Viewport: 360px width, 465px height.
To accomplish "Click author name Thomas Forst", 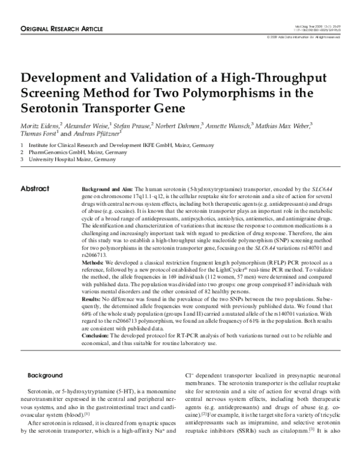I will pos(39,135).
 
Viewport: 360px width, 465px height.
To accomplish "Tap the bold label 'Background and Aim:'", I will pos(107,189).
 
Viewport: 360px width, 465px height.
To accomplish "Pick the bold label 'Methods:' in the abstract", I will pos(94,263).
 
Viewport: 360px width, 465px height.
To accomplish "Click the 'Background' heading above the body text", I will pos(46,374).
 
